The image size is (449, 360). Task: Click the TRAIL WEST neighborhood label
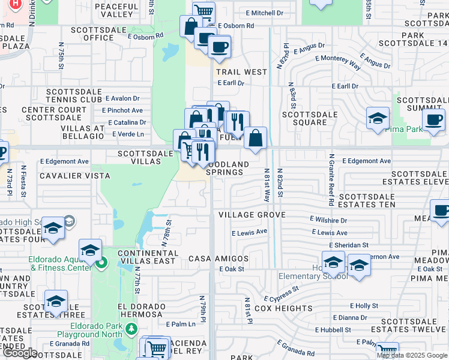[x=241, y=72]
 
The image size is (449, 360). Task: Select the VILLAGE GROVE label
[x=252, y=215]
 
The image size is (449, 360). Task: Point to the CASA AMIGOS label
[x=218, y=259]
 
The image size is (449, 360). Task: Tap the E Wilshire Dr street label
[x=328, y=220]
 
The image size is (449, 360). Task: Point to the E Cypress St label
[x=282, y=294]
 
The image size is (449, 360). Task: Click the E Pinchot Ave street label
[x=122, y=110]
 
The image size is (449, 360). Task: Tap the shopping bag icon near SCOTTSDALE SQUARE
[x=255, y=138]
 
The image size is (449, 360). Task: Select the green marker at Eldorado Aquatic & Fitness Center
[x=102, y=262]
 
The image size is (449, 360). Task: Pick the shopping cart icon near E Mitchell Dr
[x=204, y=10]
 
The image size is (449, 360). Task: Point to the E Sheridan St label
[x=349, y=245]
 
